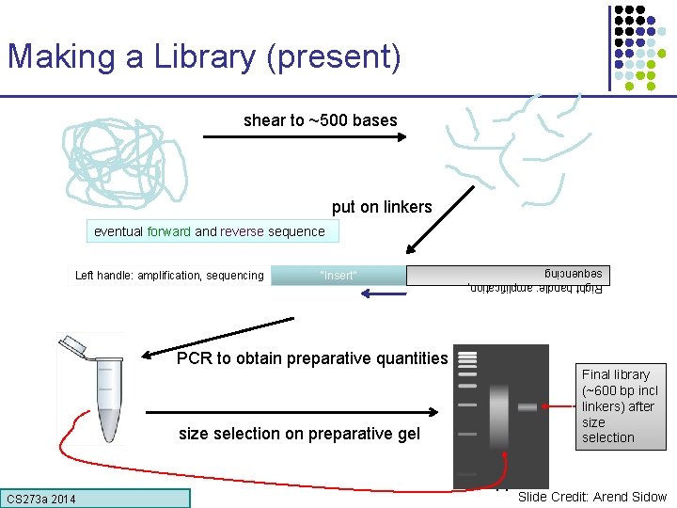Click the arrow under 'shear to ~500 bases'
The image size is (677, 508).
[x=304, y=138]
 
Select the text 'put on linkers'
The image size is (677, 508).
[x=382, y=207]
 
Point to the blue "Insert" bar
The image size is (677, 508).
[x=338, y=276]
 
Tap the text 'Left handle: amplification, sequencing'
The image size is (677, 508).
[x=169, y=276]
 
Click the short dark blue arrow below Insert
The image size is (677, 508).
[x=382, y=294]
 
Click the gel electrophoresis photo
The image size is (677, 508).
[x=500, y=414]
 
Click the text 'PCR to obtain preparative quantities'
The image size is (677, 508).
[x=312, y=358]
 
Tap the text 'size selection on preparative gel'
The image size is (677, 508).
[x=298, y=434]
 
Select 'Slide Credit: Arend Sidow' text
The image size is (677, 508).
[x=591, y=497]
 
